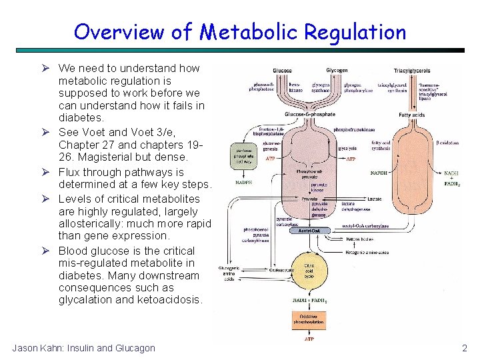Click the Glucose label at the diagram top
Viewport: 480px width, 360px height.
pyautogui.click(x=282, y=71)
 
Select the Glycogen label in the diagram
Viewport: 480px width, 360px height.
pyautogui.click(x=337, y=71)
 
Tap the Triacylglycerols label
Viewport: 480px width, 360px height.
pyautogui.click(x=411, y=71)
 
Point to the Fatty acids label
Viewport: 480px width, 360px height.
pyautogui.click(x=412, y=115)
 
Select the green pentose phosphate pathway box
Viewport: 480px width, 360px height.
pyautogui.click(x=241, y=155)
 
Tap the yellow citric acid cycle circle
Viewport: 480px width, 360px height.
pyautogui.click(x=309, y=270)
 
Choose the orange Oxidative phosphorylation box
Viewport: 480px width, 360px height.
pyautogui.click(x=309, y=319)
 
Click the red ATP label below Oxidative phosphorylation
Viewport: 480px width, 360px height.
pyautogui.click(x=309, y=339)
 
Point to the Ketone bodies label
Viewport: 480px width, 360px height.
pyautogui.click(x=361, y=238)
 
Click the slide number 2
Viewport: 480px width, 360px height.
pyautogui.click(x=465, y=348)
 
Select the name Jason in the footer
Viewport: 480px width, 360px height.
pyautogui.click(x=26, y=348)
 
